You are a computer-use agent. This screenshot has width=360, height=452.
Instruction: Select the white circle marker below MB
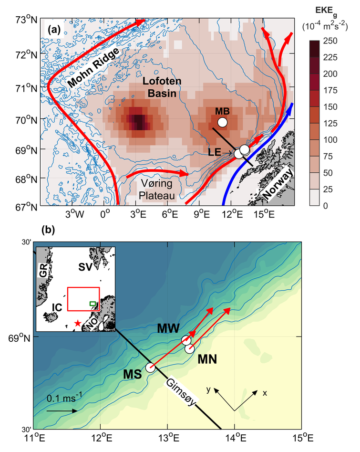tap(222, 123)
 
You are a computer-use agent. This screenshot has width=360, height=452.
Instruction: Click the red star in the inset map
tap(77, 324)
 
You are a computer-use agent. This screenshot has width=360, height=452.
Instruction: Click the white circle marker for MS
tap(151, 368)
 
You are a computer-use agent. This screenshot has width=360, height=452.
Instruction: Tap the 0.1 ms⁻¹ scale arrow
tap(62, 410)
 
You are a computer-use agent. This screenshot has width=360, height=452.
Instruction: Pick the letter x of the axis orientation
tap(264, 392)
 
